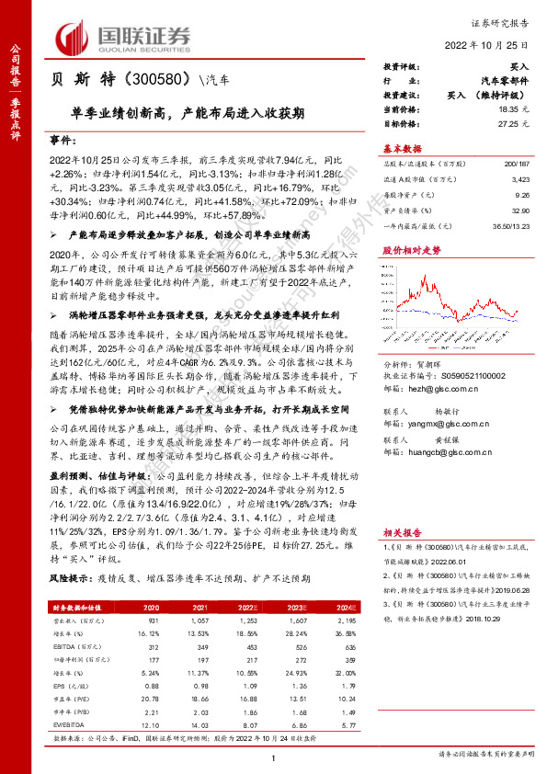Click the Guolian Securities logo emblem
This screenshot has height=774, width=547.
[x=76, y=37]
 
